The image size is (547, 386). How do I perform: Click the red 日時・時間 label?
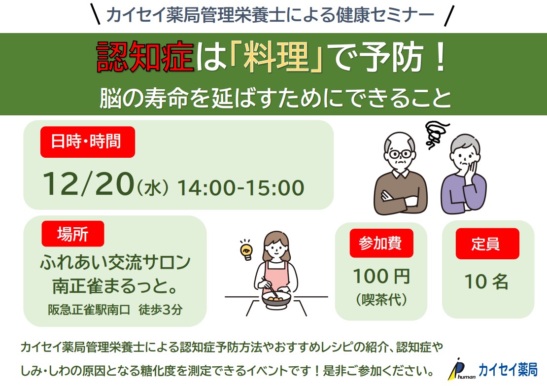pos(88,141)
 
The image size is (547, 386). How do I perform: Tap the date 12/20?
pos(88,183)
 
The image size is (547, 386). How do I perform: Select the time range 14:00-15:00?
pos(240,188)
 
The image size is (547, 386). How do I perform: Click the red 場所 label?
pos(73,234)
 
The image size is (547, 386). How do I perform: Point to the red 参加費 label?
pos(381,243)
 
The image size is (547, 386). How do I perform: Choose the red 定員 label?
pos(487,244)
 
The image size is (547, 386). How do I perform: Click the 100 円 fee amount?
pos(381,276)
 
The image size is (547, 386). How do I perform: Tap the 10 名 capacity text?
pos(486,281)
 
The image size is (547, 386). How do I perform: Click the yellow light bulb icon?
pos(246,250)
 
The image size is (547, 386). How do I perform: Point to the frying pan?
pos(275,299)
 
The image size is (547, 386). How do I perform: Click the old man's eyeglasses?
pos(400,154)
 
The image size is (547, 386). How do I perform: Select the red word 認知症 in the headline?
pos(145,57)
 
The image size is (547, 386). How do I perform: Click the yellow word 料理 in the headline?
pos(276,57)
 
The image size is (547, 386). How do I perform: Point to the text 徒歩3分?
pos(161,309)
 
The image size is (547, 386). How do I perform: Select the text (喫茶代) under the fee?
pos(381,299)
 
